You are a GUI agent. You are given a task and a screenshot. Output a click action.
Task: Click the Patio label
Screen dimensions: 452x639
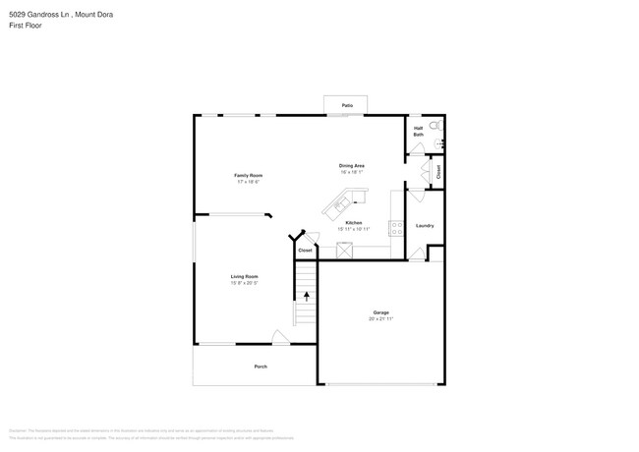point(347,105)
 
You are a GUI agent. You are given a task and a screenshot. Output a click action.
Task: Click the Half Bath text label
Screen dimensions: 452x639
point(418,131)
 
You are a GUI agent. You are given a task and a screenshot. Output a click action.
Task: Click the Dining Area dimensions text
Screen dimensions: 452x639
point(352,172)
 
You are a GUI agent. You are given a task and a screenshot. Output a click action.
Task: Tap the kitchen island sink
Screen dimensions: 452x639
point(341,205)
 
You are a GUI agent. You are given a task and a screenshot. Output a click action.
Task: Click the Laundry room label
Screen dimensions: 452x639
point(425,225)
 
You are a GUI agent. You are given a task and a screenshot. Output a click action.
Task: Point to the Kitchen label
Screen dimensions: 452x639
point(353,223)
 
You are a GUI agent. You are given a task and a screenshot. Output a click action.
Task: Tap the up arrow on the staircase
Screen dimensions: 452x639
point(306,295)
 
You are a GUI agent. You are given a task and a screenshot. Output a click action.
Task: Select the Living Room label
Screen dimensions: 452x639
point(244,276)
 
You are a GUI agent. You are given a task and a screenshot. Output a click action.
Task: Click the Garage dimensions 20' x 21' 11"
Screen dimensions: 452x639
point(380,319)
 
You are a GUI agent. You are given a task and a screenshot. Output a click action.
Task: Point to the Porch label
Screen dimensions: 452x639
point(261,367)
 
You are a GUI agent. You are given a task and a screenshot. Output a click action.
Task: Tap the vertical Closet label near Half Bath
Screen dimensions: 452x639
point(438,171)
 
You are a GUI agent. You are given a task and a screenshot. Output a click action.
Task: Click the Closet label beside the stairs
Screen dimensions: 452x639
point(305,251)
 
